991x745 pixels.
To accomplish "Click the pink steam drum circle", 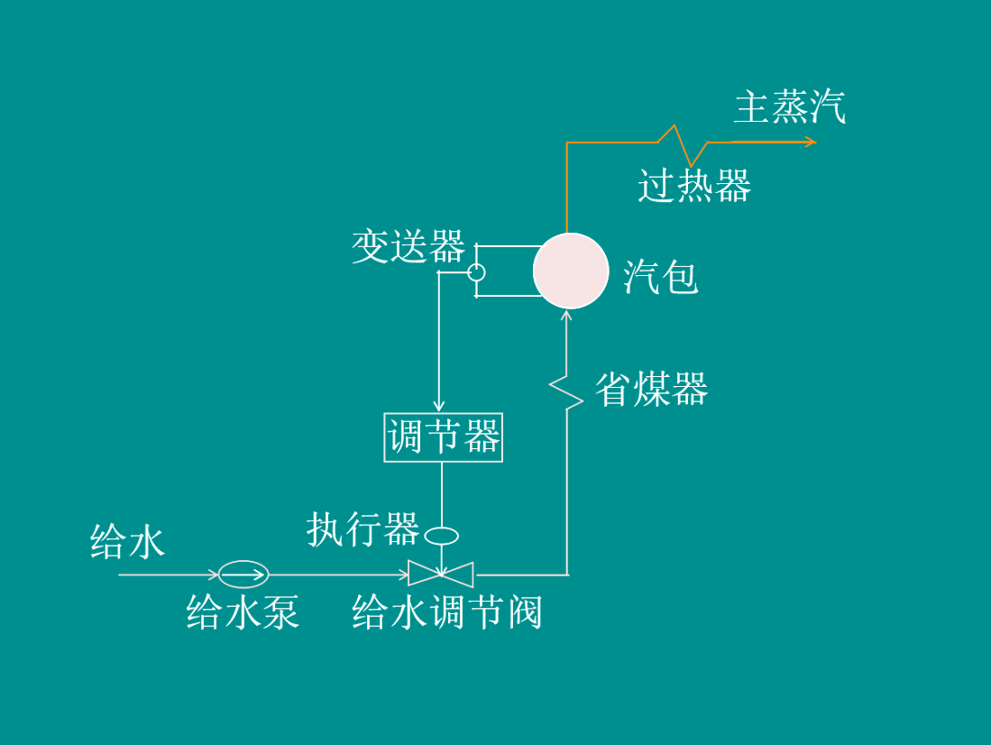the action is (571, 271).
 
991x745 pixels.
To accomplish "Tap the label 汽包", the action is (661, 277).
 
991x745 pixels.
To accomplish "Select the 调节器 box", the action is (443, 437).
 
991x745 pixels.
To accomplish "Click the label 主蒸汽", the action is (789, 107).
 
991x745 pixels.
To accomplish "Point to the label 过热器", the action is (694, 186).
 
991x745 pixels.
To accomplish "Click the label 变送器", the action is (408, 246).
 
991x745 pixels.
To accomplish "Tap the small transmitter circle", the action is (476, 271).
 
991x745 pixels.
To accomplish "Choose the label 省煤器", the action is (651, 390).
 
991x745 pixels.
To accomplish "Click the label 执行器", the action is (362, 529).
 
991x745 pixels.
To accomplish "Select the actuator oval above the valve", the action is (442, 536).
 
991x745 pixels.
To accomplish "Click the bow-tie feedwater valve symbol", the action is (441, 574).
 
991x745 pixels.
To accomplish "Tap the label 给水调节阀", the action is (447, 612).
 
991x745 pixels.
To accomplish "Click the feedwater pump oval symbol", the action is (243, 574).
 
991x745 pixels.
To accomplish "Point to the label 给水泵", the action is (243, 612).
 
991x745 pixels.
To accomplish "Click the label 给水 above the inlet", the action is (127, 542).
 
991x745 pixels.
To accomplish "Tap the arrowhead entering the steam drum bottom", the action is (566, 316).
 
